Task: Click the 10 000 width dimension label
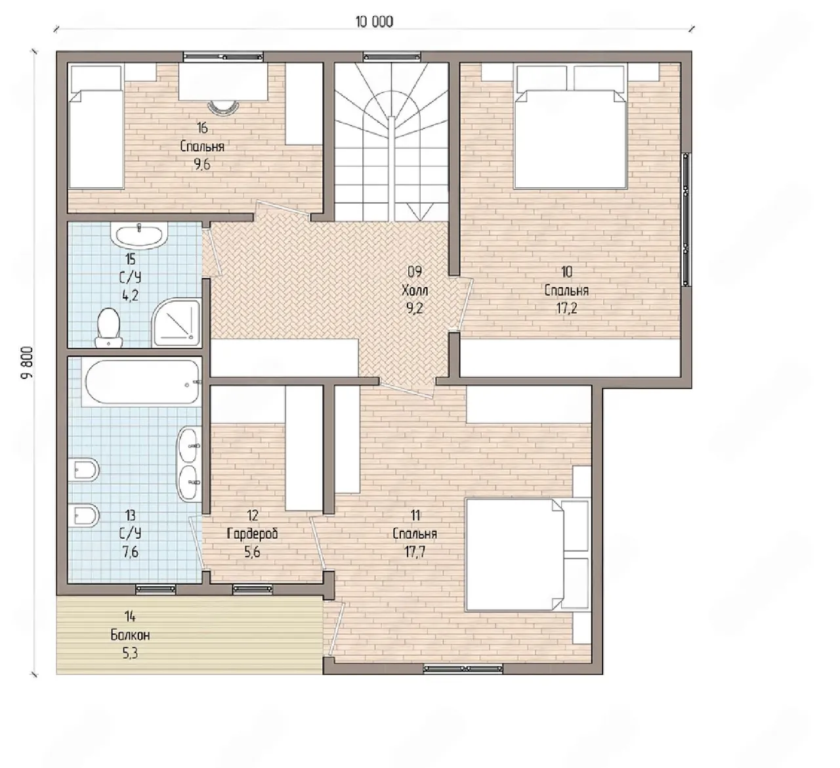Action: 374,22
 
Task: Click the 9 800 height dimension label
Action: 27,363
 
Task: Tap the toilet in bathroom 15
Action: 109,328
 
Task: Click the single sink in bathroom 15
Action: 139,235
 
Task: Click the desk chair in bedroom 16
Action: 224,108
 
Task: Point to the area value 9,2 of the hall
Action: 414,309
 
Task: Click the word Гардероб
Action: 252,533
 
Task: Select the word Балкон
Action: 130,635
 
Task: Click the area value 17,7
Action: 415,552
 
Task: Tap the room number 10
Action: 566,272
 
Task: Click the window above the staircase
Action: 392,56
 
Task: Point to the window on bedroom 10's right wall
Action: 686,219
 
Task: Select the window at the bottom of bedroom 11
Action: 463,669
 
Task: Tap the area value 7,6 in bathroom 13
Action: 130,552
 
